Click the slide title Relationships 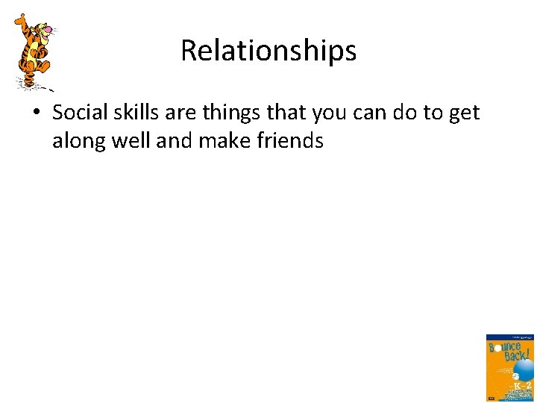(x=268, y=51)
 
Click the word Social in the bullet (x=80, y=113)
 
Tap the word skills (x=136, y=113)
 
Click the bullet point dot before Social (x=38, y=114)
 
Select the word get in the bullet (x=465, y=114)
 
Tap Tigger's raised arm (x=21, y=22)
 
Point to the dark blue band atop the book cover (x=510, y=338)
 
